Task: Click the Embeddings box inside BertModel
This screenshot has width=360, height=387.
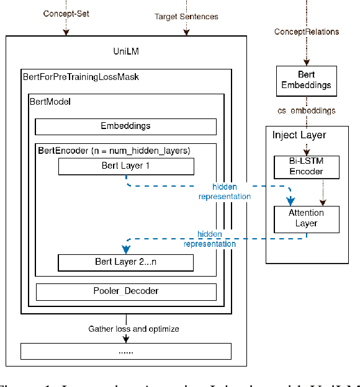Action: coord(125,127)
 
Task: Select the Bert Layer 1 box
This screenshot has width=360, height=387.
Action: coord(125,166)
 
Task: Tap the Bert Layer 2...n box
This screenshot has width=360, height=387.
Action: coord(125,262)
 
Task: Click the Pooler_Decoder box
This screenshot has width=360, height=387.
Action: coord(125,291)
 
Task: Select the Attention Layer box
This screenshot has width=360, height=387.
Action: coord(307,219)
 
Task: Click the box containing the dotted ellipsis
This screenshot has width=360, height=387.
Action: coord(125,351)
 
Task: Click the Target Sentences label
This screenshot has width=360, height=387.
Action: coord(186,17)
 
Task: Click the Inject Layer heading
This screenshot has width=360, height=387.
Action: coord(299,135)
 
